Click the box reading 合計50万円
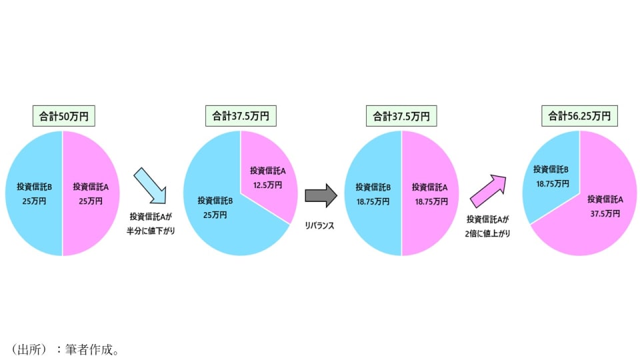click(x=63, y=116)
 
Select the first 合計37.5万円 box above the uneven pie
click(x=241, y=116)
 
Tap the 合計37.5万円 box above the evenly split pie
click(x=401, y=116)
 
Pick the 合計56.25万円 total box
click(x=579, y=116)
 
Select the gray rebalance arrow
click(x=321, y=195)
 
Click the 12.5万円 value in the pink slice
click(x=268, y=185)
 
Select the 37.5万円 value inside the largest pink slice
click(x=605, y=213)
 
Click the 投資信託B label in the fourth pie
click(x=551, y=169)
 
